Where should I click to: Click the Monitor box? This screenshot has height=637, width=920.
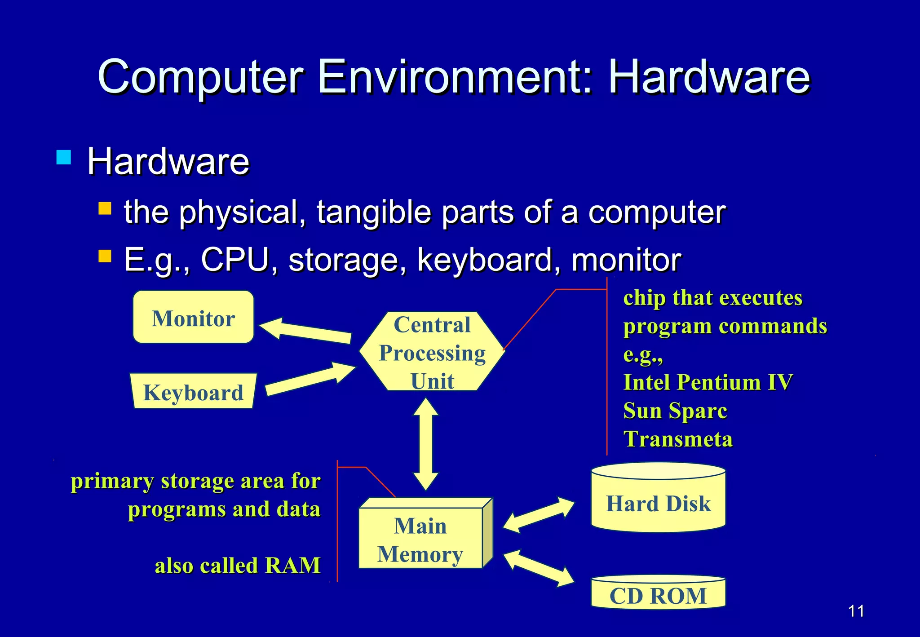193,317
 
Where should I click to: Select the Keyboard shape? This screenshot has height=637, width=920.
193,392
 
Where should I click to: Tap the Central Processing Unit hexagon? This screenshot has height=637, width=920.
432,352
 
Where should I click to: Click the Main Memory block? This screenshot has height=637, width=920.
420,539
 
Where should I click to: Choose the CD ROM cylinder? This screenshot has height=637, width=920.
658,594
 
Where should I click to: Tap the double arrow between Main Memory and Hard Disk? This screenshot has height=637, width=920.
539,515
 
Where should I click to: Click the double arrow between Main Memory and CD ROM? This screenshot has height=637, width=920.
539,568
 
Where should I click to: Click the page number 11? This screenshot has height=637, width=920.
856,611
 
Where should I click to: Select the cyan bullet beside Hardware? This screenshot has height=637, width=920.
64,157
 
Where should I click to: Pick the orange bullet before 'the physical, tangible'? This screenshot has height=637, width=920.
105,208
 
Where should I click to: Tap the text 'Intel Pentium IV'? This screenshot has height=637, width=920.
708,383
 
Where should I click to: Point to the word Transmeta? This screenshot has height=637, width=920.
678,439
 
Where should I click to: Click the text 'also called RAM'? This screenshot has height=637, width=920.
238,566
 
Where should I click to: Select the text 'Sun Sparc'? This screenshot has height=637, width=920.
675,411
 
